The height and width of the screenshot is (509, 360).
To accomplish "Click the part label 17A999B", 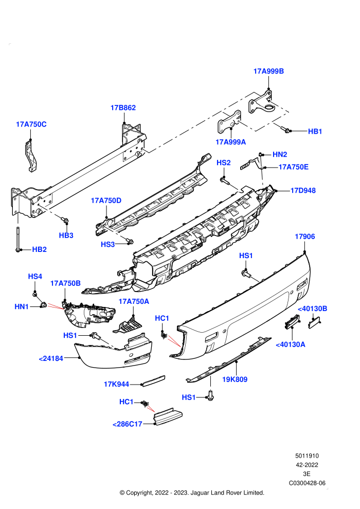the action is point(268,71).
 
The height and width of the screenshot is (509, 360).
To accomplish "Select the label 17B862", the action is point(123,107).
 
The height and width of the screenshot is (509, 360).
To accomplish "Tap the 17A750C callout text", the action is point(31,124).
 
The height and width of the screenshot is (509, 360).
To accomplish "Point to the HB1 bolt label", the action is point(315,132).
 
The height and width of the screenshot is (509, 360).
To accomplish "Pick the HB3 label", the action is point(66,235).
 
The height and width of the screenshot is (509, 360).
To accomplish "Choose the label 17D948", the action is point(303,190).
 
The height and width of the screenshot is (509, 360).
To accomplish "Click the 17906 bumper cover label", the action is point(305,237).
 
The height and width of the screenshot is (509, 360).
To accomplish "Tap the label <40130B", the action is point(312,308).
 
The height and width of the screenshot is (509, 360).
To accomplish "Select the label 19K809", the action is point(235,379).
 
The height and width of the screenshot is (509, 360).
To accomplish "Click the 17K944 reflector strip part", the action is point(154,380).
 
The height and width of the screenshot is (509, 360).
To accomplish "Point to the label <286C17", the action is point(127,424).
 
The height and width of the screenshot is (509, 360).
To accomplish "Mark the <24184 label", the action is point(51,359).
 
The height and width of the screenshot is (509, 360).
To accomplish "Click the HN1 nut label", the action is point(22,306).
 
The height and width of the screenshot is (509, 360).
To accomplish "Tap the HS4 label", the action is point(35,276).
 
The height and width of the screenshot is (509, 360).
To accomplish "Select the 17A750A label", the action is point(134,301).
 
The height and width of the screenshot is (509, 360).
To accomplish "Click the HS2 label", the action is point(224,162).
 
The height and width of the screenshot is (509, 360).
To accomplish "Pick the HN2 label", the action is point(280,155).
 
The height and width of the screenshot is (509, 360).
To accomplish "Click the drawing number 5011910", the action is point(307,456).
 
